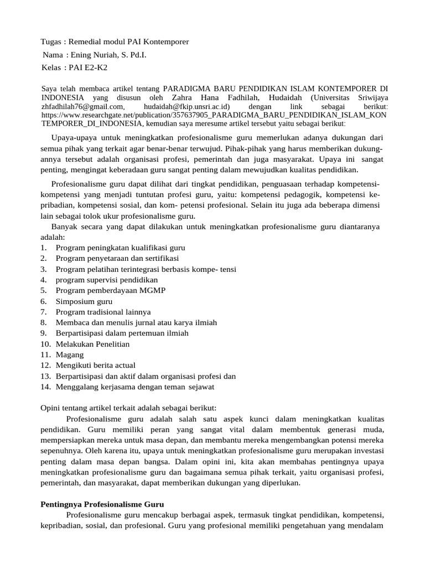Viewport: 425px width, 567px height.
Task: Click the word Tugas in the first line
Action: (51, 42)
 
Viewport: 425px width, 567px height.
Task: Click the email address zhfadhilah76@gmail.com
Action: (83, 106)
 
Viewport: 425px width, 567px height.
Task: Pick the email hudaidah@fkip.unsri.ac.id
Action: (186, 106)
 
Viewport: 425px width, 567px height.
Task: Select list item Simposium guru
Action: (84, 302)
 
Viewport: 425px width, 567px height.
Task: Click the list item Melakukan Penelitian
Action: (92, 344)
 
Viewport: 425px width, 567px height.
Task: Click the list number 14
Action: (46, 386)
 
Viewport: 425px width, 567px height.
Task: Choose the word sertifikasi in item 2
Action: (160, 259)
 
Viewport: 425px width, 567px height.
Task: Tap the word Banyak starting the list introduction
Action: (65, 227)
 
